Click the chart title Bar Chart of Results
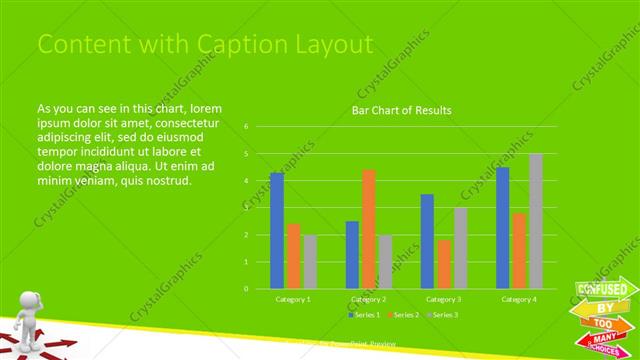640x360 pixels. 401,110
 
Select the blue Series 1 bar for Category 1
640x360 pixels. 277,231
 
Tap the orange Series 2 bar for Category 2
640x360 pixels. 369,229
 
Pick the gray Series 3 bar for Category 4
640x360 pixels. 536,221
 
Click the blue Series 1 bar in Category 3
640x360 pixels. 427,241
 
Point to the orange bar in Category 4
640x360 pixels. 519,250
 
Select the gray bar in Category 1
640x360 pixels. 310,262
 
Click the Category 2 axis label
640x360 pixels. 369,299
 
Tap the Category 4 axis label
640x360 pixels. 519,299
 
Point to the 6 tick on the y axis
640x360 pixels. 246,127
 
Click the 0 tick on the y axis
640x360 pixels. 246,289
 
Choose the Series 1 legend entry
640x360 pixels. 363,315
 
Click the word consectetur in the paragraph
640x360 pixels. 185,122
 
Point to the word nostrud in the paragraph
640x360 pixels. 166,180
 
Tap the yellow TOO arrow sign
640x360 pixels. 603,325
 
